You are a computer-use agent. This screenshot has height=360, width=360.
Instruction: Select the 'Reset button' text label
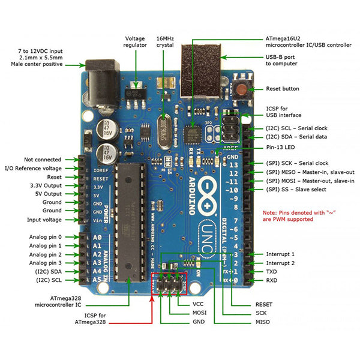pyautogui.click(x=282, y=89)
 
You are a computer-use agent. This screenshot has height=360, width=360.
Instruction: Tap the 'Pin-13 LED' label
pyautogui.click(x=283, y=147)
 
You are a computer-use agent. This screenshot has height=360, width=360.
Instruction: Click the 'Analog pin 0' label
pyautogui.click(x=46, y=237)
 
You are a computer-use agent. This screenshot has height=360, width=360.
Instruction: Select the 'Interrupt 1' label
pyautogui.click(x=280, y=254)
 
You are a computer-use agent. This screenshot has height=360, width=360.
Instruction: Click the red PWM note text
pyautogui.click(x=288, y=216)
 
